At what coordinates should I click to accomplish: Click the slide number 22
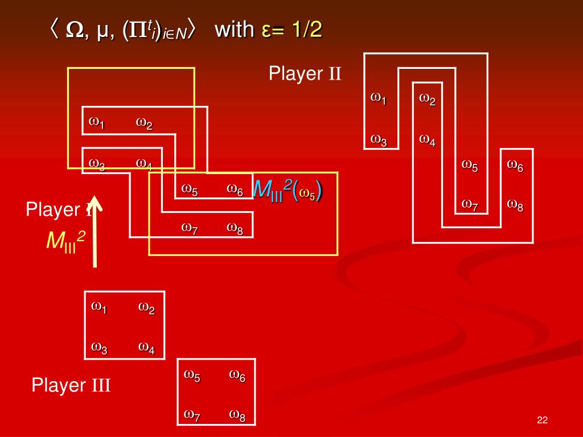pos(541,420)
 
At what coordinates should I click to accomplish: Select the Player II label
pos(305,74)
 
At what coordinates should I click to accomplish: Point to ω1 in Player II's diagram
pos(379,98)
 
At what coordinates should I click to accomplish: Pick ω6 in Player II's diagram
pos(515,166)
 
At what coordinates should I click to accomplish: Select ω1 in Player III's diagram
pos(99,307)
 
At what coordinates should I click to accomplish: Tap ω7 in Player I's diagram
pos(190,228)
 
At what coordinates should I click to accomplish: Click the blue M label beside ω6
pos(287,190)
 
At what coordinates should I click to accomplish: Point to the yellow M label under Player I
pos(65,241)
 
